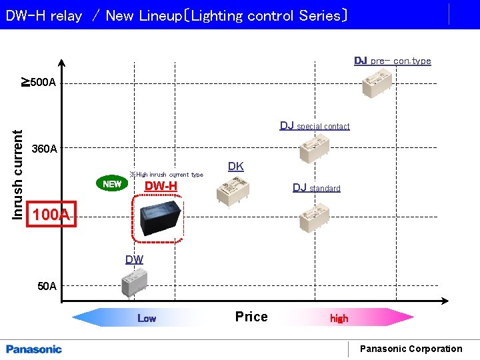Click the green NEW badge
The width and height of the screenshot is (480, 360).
[x=112, y=183]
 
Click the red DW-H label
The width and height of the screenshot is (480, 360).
[x=161, y=186]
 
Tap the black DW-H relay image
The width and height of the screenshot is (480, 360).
[x=158, y=218]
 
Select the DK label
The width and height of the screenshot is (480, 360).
[x=235, y=167]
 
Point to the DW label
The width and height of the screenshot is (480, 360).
[x=134, y=259]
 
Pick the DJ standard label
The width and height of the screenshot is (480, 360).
[x=316, y=188]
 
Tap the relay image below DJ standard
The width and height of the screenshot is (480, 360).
[x=314, y=217]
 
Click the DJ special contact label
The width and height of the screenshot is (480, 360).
[x=314, y=126]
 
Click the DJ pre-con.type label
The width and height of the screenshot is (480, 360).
[x=392, y=61]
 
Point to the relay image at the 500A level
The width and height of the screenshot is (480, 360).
[x=377, y=83]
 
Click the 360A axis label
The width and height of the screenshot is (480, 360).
[x=45, y=149]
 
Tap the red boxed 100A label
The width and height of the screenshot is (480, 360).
[x=51, y=215]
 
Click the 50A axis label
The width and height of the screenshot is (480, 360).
[x=47, y=287]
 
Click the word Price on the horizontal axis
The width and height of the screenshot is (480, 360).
[x=251, y=317]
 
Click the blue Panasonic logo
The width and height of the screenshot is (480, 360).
[x=34, y=349]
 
